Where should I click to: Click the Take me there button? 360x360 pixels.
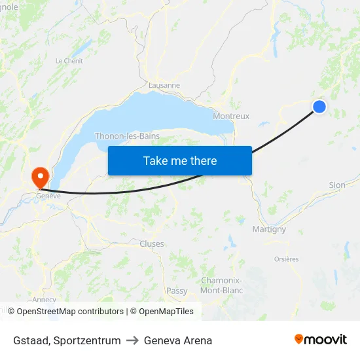pos(180,161)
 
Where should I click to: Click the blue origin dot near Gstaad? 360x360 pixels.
pos(319,106)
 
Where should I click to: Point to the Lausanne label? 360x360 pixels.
pos(164,85)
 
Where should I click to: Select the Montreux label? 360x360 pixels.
pos(231,116)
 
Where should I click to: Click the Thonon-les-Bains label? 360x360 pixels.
pos(128,136)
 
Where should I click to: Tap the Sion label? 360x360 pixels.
pos(337,185)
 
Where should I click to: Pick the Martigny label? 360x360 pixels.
pos(269,229)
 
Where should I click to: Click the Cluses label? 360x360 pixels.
pos(152,243)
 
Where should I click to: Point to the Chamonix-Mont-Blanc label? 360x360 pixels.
pos(221,285)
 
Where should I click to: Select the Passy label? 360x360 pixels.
pos(177,291)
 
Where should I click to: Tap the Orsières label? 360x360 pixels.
pos(286,259)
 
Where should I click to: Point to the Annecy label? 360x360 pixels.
pos(44,300)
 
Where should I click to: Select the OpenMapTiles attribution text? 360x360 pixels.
pos(162,312)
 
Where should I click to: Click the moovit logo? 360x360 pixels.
pos(321,339)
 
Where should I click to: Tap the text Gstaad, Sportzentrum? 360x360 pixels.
pos(67,340)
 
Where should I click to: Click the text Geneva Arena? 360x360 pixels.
pos(178,340)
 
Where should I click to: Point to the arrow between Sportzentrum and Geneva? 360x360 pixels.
pos(132,340)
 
